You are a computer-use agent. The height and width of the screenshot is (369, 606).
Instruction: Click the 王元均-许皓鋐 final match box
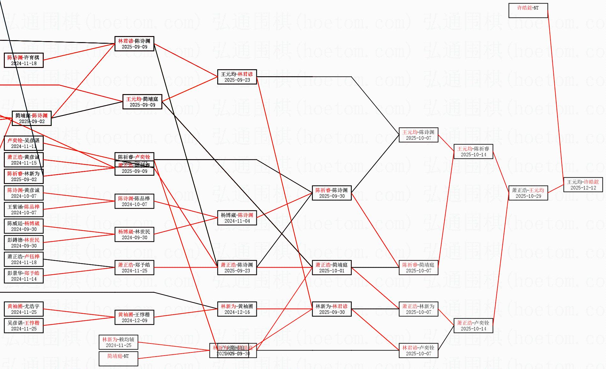tap(583, 185)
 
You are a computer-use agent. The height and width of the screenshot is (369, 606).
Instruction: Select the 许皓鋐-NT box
tap(528, 11)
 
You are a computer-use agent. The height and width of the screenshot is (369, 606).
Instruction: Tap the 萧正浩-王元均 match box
tap(528, 193)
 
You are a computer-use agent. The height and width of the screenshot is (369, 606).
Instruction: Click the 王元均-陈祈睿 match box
tap(473, 151)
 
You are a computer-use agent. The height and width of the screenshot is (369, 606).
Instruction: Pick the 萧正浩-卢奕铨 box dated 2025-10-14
tap(473, 326)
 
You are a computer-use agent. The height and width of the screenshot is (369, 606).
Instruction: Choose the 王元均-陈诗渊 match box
tap(418, 135)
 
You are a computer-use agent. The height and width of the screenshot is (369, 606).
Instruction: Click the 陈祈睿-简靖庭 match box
tap(418, 268)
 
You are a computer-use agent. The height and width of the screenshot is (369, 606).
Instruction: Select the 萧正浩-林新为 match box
tap(418, 309)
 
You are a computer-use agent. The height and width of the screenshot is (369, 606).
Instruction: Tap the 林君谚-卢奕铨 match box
tap(418, 351)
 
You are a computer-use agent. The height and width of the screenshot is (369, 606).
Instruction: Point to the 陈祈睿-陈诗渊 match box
tap(332, 193)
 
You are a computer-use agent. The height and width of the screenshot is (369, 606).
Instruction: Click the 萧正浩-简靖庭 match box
tap(332, 268)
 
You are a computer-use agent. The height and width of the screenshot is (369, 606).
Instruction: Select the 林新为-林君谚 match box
tap(332, 309)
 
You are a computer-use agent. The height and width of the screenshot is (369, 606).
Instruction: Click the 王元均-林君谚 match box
tap(237, 77)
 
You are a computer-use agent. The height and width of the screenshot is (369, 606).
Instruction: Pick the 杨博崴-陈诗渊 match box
tap(237, 218)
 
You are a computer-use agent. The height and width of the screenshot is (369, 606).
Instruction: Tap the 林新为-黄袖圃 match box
tap(237, 309)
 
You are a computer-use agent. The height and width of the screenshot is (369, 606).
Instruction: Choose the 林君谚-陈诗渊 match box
tap(134, 44)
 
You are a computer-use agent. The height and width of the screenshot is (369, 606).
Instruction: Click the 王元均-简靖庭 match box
tap(142, 102)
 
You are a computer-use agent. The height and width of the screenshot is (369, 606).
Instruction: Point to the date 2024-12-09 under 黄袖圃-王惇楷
tap(134, 321)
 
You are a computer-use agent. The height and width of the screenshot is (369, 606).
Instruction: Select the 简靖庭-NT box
tap(118, 359)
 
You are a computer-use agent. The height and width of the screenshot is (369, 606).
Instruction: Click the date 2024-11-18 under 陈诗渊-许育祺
tap(24, 63)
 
